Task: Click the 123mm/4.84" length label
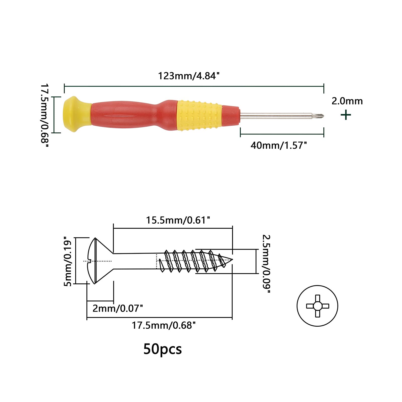click(x=189, y=76)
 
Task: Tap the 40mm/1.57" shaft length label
click(x=279, y=145)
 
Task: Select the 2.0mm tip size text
click(x=347, y=101)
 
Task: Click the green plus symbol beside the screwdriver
click(x=346, y=115)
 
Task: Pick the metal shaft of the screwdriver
click(x=279, y=116)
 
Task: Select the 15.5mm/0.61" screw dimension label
click(x=178, y=220)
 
